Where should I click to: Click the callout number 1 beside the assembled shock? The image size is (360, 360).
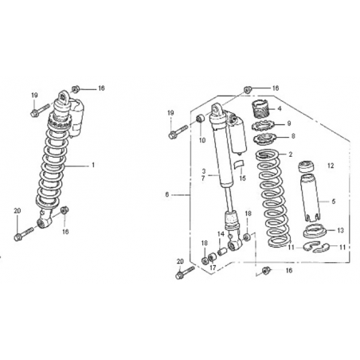[x=93, y=165]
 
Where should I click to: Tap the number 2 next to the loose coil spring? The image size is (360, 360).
[x=291, y=155]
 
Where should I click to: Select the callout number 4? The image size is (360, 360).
[x=280, y=108]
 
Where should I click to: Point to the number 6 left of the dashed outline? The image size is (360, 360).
[x=167, y=194]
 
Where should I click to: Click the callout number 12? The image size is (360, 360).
[x=331, y=166]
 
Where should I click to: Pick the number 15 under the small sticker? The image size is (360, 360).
[x=242, y=178]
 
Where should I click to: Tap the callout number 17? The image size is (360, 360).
[x=213, y=268]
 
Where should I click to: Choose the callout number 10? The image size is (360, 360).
[x=202, y=140]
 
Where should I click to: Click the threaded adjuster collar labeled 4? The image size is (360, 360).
[x=260, y=108]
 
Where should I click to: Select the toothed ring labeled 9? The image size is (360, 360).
[x=261, y=125]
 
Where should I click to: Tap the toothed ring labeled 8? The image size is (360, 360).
[x=264, y=139]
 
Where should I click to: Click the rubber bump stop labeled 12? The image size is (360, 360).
[x=307, y=167]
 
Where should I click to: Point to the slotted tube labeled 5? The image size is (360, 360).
[x=310, y=197]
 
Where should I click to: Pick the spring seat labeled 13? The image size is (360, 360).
[x=315, y=231]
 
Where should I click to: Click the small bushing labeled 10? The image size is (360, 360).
[x=201, y=118]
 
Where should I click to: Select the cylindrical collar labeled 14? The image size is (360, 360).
[x=222, y=251]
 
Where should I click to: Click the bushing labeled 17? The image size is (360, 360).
[x=212, y=257]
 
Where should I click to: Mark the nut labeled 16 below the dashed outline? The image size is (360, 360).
[x=266, y=271]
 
